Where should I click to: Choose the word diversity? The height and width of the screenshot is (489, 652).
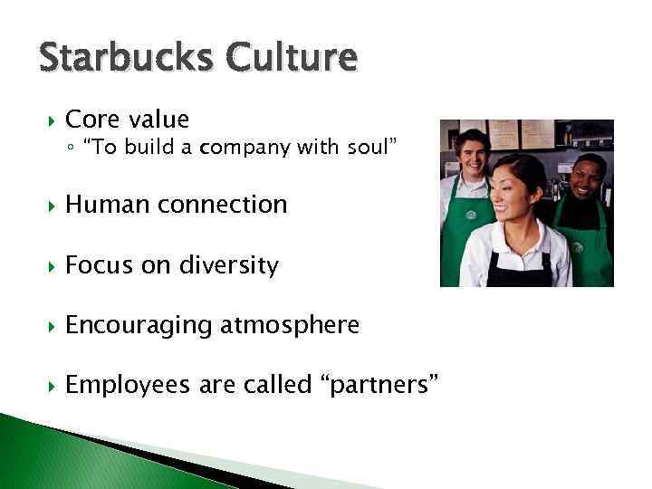(x=227, y=265)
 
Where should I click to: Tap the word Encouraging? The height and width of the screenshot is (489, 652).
(x=138, y=325)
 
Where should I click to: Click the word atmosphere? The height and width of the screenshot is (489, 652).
(x=290, y=325)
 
